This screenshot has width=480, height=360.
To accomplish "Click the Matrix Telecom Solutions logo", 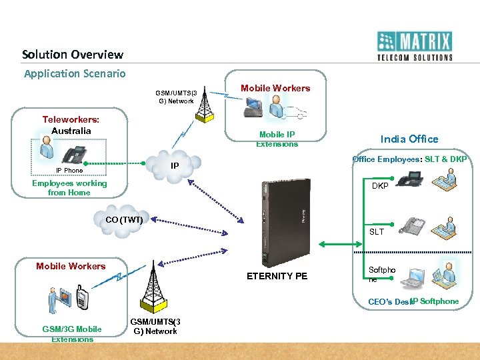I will click(414, 46).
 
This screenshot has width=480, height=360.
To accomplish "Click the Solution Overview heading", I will click(73, 55).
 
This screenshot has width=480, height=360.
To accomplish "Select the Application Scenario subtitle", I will click(75, 73).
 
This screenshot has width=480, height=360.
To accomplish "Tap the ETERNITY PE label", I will click(277, 276).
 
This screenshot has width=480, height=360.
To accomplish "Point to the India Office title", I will click(409, 139).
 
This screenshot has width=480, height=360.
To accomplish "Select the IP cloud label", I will click(175, 165).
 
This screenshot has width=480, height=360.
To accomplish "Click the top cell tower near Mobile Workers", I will click(203, 104).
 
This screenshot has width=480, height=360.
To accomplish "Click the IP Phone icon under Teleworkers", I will click(74, 154).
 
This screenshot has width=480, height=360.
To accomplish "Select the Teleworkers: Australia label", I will click(71, 125).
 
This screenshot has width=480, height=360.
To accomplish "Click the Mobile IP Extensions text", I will click(277, 139).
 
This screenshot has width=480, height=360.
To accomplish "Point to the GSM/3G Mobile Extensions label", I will click(72, 333).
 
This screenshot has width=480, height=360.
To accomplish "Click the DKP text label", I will click(380, 186).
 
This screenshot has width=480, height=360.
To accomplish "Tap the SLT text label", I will click(377, 232).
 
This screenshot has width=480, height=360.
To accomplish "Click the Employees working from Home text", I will click(69, 187).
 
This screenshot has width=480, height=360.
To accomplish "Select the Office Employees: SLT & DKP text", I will click(409, 159).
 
